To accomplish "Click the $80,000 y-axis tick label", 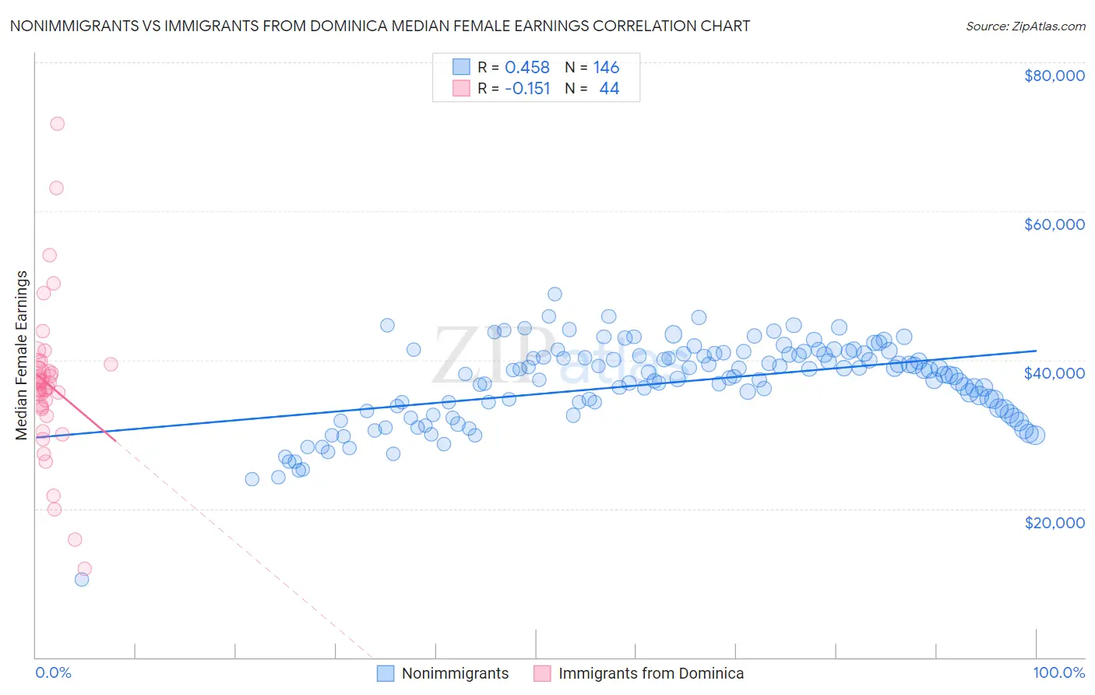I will pyautogui.click(x=1055, y=76).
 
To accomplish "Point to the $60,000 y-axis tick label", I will pyautogui.click(x=1055, y=224).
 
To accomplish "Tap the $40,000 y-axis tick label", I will pyautogui.click(x=1055, y=373).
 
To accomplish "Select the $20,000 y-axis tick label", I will pyautogui.click(x=1055, y=522).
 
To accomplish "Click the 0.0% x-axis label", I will pyautogui.click(x=53, y=672).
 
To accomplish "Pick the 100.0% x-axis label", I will pyautogui.click(x=1058, y=672).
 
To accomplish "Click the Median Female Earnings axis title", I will pyautogui.click(x=22, y=355).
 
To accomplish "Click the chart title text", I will pyautogui.click(x=379, y=26).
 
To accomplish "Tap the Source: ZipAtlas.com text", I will pyautogui.click(x=1025, y=26).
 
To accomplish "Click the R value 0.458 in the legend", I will pyautogui.click(x=527, y=68).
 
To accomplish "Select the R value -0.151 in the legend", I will pyautogui.click(x=527, y=89).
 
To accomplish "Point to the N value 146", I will pyautogui.click(x=606, y=68).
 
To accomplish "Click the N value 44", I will pyautogui.click(x=609, y=89).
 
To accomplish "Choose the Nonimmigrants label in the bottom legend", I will pyautogui.click(x=455, y=673).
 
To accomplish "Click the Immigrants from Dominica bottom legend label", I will pyautogui.click(x=650, y=673).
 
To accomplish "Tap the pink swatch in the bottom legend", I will pyautogui.click(x=542, y=673).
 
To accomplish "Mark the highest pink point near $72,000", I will pyautogui.click(x=57, y=124).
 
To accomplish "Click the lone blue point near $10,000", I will pyautogui.click(x=82, y=579).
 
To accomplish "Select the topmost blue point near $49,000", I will pyautogui.click(x=555, y=294).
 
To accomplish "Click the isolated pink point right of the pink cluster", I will pyautogui.click(x=111, y=364).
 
